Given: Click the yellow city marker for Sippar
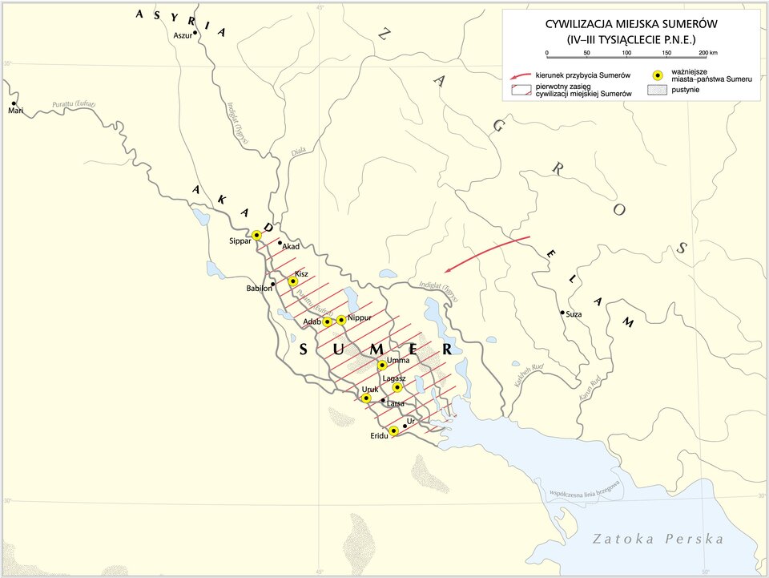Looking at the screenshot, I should coord(256,236).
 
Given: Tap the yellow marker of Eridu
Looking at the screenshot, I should coord(393,431).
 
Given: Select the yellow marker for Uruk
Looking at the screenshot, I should coord(366,398).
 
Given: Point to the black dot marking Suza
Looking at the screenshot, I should coord(562,313).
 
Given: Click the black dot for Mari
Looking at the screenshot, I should coord(14,103).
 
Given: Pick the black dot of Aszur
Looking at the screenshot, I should coord(195,36).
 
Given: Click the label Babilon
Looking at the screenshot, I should coord(259,289).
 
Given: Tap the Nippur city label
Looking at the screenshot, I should coord(360,318).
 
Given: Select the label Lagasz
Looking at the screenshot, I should coord(394,378).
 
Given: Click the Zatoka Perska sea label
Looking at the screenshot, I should coord(658,539).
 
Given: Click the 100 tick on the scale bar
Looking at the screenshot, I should coord(626,53).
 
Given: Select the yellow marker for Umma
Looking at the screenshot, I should coord(382,366).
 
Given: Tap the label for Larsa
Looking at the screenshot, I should coord(396,403).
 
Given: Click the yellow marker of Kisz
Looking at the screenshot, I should coord(293,281).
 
